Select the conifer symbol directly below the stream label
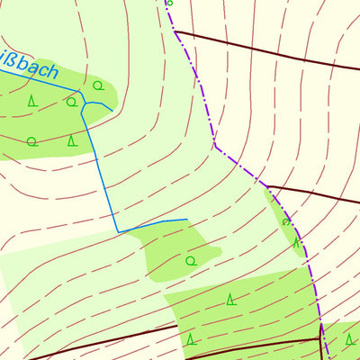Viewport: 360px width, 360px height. point(32,100)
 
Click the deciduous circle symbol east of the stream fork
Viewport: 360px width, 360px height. point(97,85)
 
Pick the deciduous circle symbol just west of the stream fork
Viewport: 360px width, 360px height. point(71,102)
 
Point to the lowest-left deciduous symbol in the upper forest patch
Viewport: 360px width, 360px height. point(31,140)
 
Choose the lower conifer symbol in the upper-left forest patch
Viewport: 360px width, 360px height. point(73,139)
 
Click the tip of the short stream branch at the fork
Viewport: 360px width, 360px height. point(112,110)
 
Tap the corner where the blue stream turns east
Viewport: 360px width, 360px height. point(119,231)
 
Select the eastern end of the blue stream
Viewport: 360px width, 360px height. point(186,219)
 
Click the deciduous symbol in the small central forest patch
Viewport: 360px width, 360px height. point(190,260)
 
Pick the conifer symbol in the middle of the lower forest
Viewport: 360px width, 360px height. point(230,299)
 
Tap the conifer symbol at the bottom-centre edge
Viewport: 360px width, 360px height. point(191,339)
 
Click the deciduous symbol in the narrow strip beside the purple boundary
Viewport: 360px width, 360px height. point(286,221)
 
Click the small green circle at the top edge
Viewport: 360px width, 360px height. point(169,3)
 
